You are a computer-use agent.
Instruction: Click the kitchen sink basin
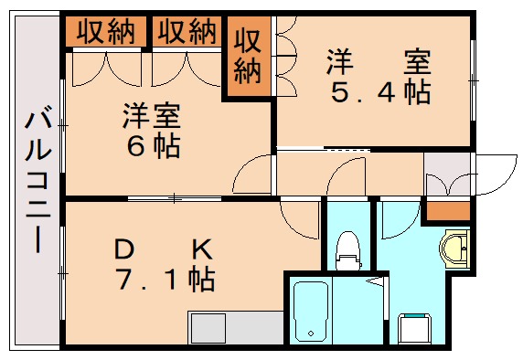[x=208, y=327]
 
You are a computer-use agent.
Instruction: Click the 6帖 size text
[x=153, y=145]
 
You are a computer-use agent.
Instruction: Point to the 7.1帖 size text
[x=165, y=278]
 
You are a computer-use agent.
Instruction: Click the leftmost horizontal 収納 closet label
[x=105, y=32]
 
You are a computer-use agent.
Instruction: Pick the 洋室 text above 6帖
[x=153, y=116]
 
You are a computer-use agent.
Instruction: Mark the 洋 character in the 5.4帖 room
[x=340, y=63]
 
